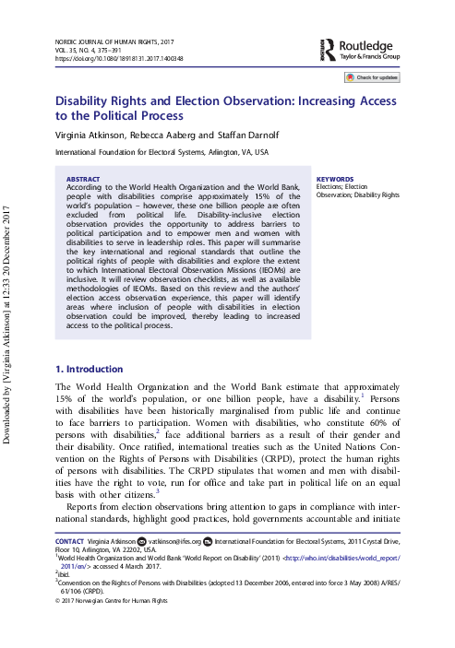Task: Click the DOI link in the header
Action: click(119, 58)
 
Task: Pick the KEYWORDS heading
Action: click(334, 180)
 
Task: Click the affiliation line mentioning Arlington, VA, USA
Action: click(162, 152)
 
